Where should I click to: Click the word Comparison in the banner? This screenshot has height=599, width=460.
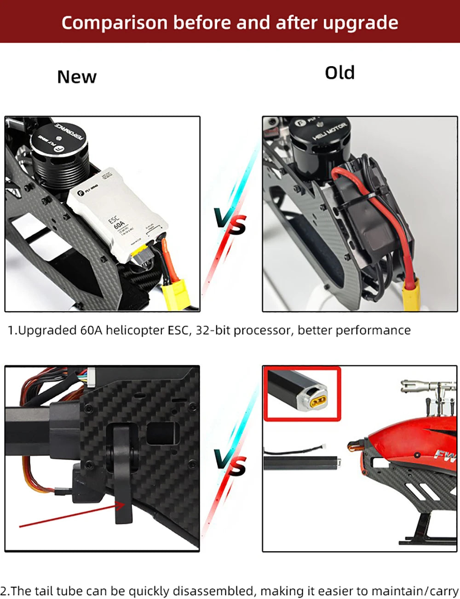(x=114, y=23)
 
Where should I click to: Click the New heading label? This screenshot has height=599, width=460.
(x=77, y=77)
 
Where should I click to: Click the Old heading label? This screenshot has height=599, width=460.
(x=339, y=73)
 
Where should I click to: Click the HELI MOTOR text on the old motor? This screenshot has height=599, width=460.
(x=329, y=131)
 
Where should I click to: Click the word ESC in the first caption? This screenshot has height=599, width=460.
(x=177, y=330)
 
